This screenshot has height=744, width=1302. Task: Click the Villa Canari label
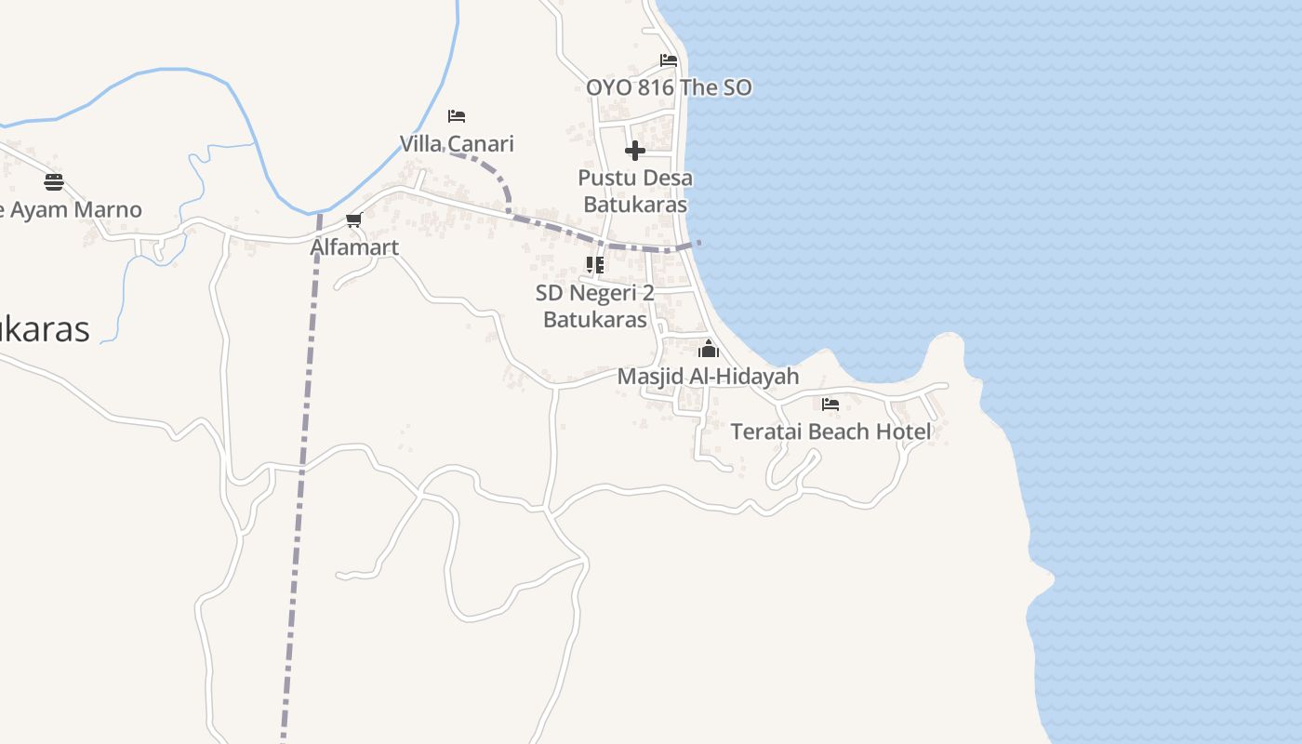pos(457,144)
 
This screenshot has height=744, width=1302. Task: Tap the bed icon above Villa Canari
pos(457,116)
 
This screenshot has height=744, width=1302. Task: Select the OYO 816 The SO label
pos(669,87)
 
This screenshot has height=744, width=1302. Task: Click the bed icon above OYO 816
pos(669,60)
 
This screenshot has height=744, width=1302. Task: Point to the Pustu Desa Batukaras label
pos(635,191)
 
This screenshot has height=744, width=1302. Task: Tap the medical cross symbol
pos(635,150)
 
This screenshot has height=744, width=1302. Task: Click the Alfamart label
pos(354,247)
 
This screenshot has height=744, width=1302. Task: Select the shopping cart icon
pos(353,220)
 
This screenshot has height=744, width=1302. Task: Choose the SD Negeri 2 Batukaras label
pos(595,306)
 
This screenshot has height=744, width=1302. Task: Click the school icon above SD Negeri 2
pos(595,265)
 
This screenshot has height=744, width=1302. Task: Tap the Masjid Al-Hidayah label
pos(709,377)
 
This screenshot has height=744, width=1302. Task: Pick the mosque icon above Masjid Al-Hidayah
pos(709,350)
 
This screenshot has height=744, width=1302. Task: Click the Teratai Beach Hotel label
pos(830,432)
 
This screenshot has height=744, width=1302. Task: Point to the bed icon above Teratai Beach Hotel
pos(830,405)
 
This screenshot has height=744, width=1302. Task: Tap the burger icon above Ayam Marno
pos(54,181)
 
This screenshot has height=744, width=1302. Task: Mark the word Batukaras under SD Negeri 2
pos(595,319)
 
